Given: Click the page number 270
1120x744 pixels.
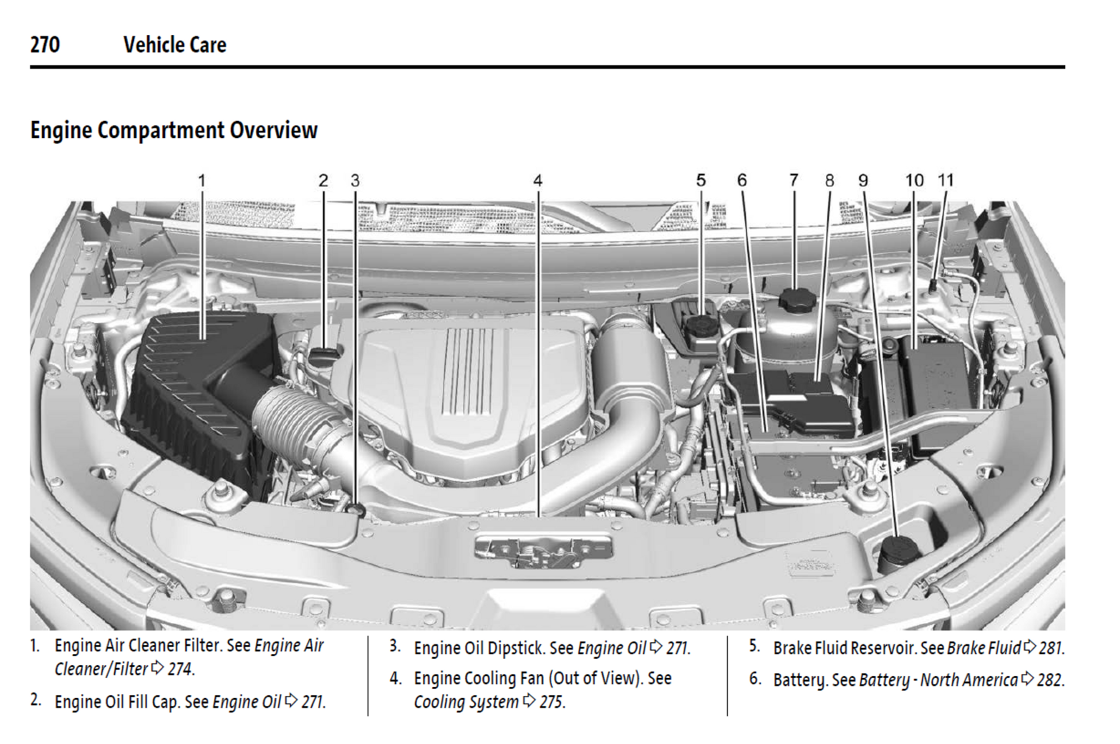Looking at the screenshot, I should pyautogui.click(x=45, y=45).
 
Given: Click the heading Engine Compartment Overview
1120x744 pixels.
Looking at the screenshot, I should pyautogui.click(x=173, y=130).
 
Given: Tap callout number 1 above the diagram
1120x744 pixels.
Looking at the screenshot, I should pyautogui.click(x=201, y=181).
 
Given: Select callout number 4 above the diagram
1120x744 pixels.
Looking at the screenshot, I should pyautogui.click(x=538, y=181).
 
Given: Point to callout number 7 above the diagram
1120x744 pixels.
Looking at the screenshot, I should pyautogui.click(x=794, y=181).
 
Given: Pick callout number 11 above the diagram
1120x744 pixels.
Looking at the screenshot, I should pyautogui.click(x=946, y=181).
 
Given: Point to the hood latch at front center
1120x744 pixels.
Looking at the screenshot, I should pyautogui.click(x=543, y=551).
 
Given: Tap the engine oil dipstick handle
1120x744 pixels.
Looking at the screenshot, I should pyautogui.click(x=357, y=510).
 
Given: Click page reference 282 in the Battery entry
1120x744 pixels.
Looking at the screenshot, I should pyautogui.click(x=1050, y=680).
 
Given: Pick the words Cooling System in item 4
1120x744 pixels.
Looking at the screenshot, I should pyautogui.click(x=466, y=702).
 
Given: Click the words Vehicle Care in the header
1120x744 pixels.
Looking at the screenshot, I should pyautogui.click(x=175, y=45).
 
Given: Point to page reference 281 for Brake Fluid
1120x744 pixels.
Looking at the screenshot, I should pyautogui.click(x=1051, y=648).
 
